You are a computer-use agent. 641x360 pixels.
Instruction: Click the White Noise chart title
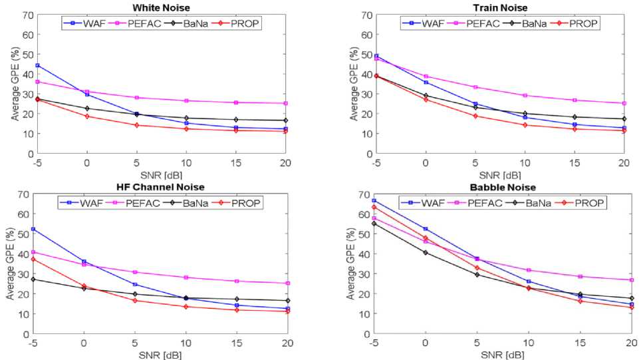click(162, 7)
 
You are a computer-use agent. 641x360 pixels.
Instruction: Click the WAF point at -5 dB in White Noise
click(38, 65)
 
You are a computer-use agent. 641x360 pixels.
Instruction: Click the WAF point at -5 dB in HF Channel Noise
click(33, 229)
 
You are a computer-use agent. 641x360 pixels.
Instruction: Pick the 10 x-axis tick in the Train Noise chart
click(525, 162)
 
